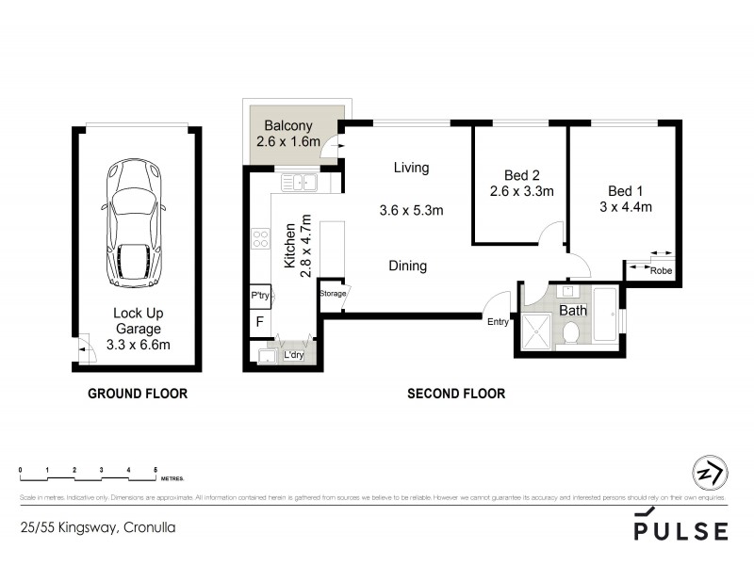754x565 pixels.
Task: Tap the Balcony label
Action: click(289, 125)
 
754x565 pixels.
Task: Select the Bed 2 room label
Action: click(521, 175)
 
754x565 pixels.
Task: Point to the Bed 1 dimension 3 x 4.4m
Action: click(625, 207)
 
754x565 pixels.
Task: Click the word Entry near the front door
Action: click(498, 322)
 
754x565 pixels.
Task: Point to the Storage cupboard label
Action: click(333, 294)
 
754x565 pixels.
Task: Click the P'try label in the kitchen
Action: click(261, 296)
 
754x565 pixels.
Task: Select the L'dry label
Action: click(294, 355)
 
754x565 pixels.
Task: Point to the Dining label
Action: click(407, 266)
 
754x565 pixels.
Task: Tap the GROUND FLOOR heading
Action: click(138, 394)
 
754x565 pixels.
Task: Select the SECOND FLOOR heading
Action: click(456, 394)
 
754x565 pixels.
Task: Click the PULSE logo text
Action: click(680, 531)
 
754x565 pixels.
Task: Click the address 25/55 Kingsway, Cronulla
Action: click(97, 528)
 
